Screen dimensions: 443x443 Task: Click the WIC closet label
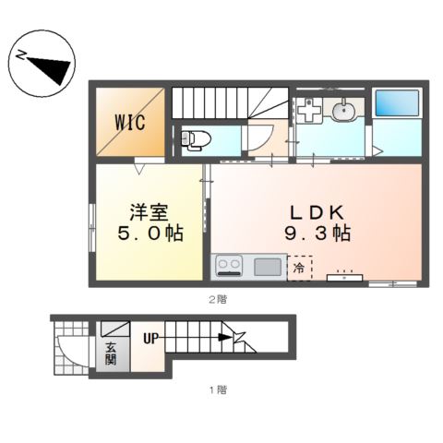(x=130, y=123)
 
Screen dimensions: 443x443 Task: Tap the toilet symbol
(x=196, y=140)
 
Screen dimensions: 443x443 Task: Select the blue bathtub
(x=397, y=103)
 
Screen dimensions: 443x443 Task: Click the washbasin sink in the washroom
(x=343, y=108)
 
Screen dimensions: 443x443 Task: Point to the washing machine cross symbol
(x=309, y=109)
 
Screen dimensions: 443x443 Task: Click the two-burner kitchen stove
(x=228, y=266)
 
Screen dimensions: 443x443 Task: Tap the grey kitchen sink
(x=268, y=267)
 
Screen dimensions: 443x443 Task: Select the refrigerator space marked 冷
(x=300, y=268)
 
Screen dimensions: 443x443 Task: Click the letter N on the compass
(x=21, y=55)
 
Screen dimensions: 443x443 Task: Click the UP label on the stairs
(x=150, y=339)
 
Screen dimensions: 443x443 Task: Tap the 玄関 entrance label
(x=111, y=353)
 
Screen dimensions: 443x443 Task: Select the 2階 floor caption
(x=218, y=299)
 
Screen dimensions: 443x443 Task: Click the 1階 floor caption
(x=218, y=390)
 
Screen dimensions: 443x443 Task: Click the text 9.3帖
(x=317, y=233)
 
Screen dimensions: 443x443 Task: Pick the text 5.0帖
(x=150, y=233)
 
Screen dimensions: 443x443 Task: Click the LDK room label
(x=317, y=212)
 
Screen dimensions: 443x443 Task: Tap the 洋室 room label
(x=149, y=212)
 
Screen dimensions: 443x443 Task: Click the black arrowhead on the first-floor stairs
(x=225, y=338)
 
